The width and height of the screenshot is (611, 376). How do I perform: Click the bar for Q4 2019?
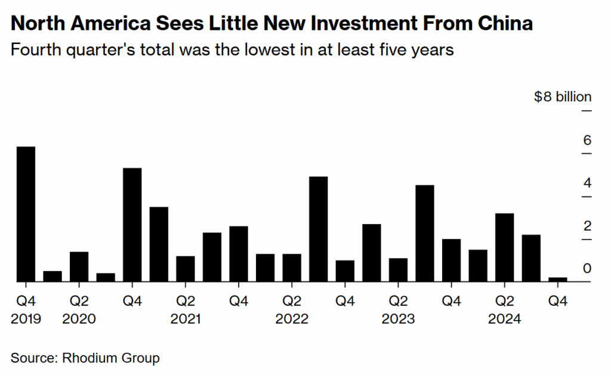pos(26,214)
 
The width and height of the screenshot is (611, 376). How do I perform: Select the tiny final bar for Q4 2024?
pos(557,279)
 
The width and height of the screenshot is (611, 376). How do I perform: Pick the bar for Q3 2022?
pos(318,229)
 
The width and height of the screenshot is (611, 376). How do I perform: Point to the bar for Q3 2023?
pos(424,233)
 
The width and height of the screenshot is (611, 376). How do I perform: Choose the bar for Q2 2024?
pos(504,247)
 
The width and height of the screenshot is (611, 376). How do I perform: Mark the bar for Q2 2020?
pos(79,266)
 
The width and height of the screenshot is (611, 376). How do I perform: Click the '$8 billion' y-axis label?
pos(563,97)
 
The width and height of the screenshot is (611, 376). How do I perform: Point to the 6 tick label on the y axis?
pos(587,141)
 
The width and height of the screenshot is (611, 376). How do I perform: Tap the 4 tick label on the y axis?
pos(587,183)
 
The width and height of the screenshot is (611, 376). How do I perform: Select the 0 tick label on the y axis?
pos(587,269)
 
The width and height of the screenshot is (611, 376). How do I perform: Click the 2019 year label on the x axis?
pos(26,319)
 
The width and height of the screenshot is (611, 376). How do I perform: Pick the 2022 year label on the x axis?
pos(292,319)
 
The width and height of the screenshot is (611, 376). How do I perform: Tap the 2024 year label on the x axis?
pos(504,319)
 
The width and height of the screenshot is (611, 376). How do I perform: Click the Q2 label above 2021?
pos(186,302)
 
